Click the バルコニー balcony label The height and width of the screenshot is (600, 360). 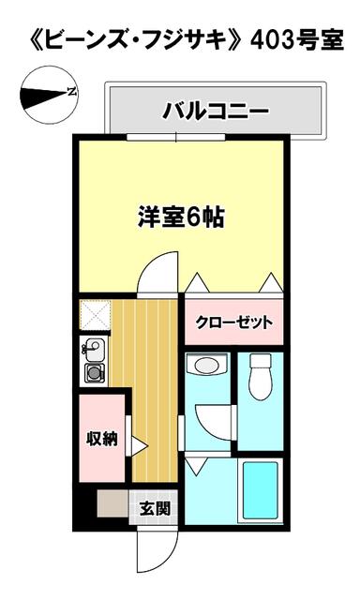pyautogui.click(x=216, y=112)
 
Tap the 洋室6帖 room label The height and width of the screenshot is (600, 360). pyautogui.click(x=181, y=217)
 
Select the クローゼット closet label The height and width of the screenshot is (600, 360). pyautogui.click(x=233, y=322)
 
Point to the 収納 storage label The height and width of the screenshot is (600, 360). pyautogui.click(x=101, y=438)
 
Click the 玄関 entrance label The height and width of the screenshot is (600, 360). pyautogui.click(x=154, y=508)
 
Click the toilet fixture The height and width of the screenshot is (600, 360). pyautogui.click(x=260, y=377)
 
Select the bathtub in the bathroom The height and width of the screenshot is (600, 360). pyautogui.click(x=260, y=491)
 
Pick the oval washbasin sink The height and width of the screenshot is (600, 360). pyautogui.click(x=206, y=365)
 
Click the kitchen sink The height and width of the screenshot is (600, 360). pyautogui.click(x=93, y=350)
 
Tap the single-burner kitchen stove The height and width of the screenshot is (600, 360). pyautogui.click(x=94, y=373)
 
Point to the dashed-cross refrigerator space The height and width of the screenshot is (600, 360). pyautogui.click(x=95, y=315)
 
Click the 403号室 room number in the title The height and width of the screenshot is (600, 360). pyautogui.click(x=296, y=40)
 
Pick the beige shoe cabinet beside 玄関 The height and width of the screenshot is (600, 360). pyautogui.click(x=112, y=504)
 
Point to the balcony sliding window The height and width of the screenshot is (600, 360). pyautogui.click(x=176, y=138)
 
